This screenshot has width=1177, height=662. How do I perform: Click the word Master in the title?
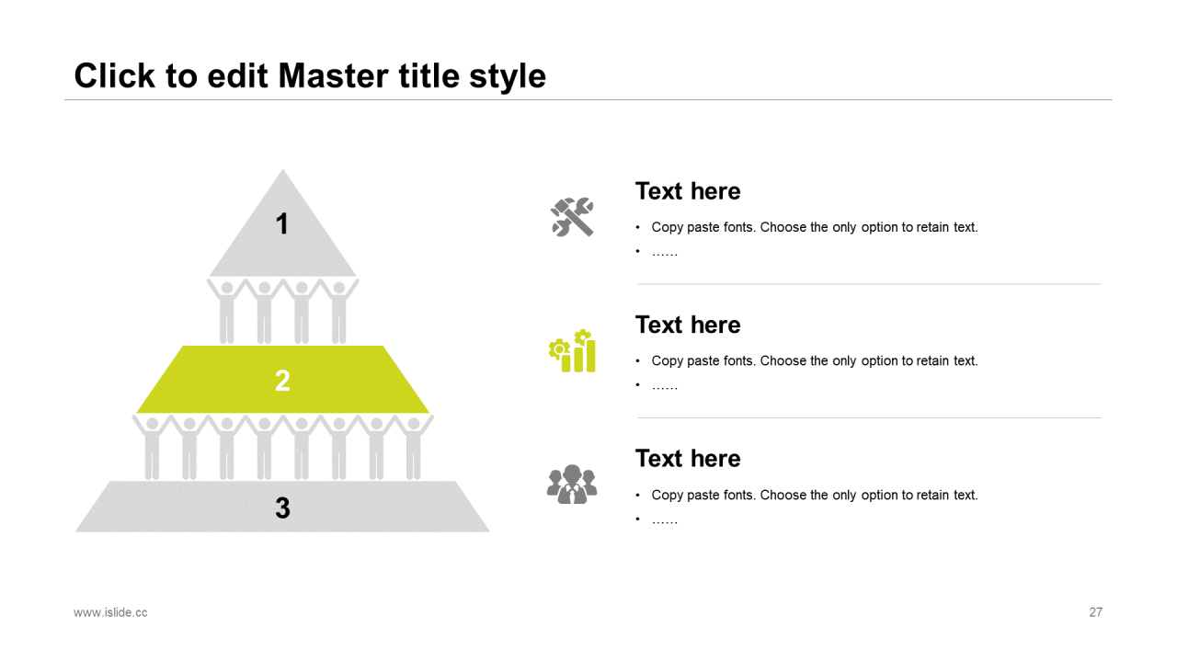[334, 76]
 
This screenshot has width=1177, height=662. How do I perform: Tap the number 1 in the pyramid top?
[282, 223]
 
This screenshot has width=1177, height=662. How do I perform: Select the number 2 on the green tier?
[282, 380]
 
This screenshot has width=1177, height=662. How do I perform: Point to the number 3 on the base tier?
[282, 508]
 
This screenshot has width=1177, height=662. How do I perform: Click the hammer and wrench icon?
[572, 217]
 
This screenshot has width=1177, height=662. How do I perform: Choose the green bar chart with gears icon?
[572, 351]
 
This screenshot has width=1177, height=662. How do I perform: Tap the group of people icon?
[572, 485]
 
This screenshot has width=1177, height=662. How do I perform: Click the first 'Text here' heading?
[688, 191]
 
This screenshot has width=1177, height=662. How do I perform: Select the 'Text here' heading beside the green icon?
[688, 325]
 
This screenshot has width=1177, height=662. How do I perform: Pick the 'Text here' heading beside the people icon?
[688, 459]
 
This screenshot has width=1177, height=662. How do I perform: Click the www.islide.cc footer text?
[110, 612]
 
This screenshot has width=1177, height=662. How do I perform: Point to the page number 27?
[1095, 612]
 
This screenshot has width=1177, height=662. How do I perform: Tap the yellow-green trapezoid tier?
[282, 380]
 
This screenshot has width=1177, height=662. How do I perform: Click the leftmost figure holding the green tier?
[152, 447]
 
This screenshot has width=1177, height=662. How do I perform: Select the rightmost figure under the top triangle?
[339, 311]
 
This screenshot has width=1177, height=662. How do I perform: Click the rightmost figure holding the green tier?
[414, 447]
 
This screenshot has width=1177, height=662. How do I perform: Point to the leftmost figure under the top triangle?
[226, 311]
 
